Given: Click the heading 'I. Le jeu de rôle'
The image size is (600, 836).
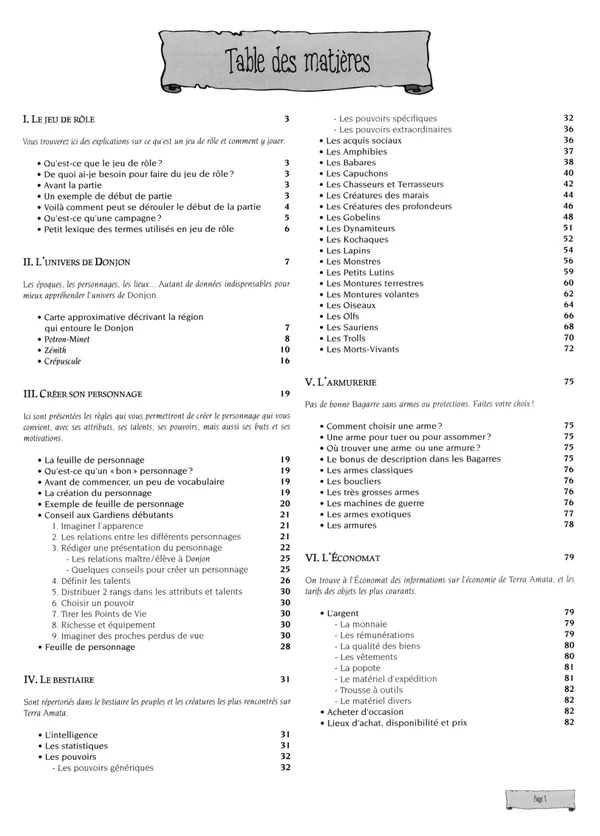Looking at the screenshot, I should click(x=58, y=119).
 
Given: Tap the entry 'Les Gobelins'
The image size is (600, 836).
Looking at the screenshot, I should click(x=353, y=217).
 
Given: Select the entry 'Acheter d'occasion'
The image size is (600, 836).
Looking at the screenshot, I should click(x=366, y=711).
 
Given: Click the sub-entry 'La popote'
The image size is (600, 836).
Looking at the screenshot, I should click(x=361, y=667).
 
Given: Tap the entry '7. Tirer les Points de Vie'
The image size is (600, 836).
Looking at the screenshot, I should click(x=109, y=613).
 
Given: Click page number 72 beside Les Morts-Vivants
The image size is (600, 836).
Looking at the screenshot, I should click(x=568, y=349).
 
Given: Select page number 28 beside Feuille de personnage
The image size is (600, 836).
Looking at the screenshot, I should click(x=285, y=647).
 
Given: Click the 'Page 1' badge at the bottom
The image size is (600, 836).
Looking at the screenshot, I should click(x=539, y=800).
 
